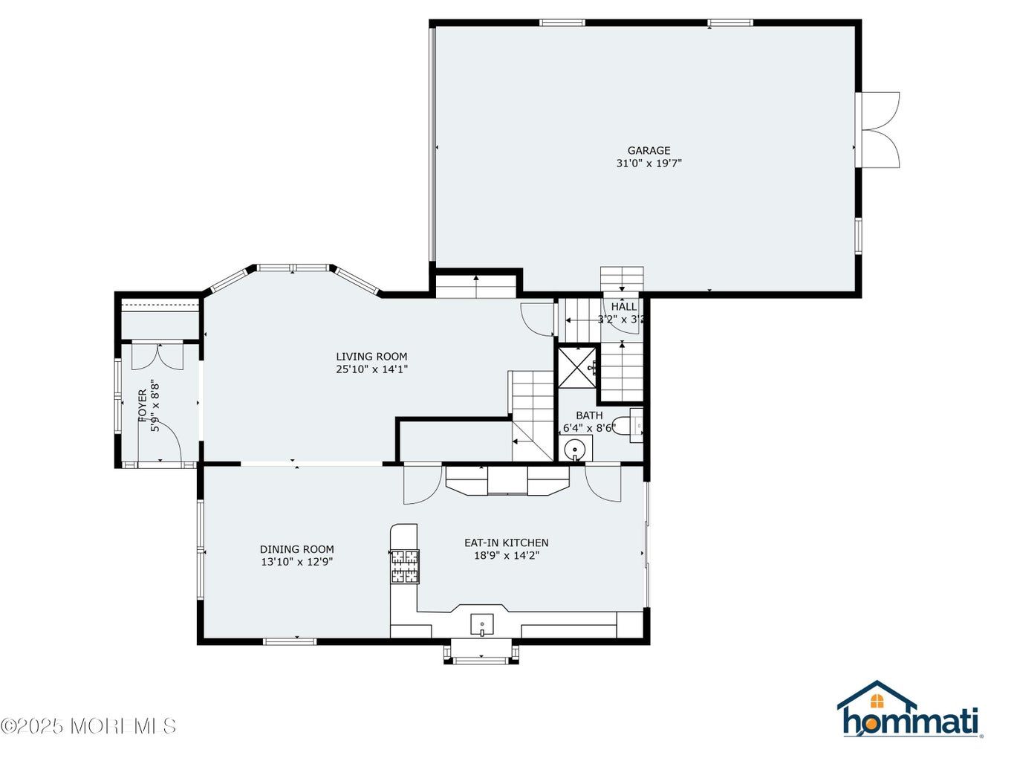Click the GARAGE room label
[648, 150]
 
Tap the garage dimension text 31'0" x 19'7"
[649, 163]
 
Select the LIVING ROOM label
[371, 356]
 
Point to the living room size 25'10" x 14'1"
[371, 369]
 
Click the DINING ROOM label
[296, 549]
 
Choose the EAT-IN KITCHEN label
[507, 543]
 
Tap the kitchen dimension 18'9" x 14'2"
[507, 555]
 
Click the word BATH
[589, 415]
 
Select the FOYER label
[143, 406]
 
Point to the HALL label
[624, 306]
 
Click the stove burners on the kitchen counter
[405, 566]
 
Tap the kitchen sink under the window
[481, 624]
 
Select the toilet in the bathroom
[629, 425]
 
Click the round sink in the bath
[575, 448]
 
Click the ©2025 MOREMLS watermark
[88, 725]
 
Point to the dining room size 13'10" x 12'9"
[296, 562]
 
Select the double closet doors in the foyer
[158, 357]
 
